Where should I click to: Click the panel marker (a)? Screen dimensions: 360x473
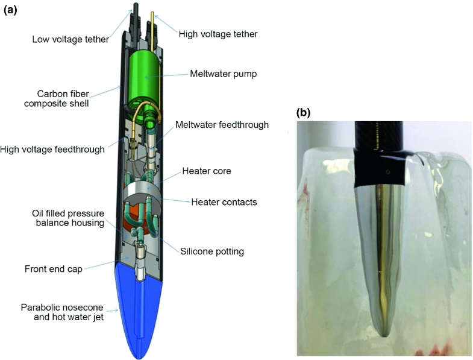pos(11,10)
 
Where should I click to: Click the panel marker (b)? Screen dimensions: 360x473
pos(304,112)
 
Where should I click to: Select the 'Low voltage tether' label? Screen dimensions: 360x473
pos(71,40)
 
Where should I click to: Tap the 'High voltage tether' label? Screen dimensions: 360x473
pos(218,34)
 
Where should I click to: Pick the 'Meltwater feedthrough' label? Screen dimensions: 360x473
pos(222,125)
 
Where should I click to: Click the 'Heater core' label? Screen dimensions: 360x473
pos(207,171)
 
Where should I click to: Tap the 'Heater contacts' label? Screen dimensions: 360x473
pos(224,202)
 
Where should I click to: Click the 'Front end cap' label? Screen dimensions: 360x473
pos(54,269)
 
